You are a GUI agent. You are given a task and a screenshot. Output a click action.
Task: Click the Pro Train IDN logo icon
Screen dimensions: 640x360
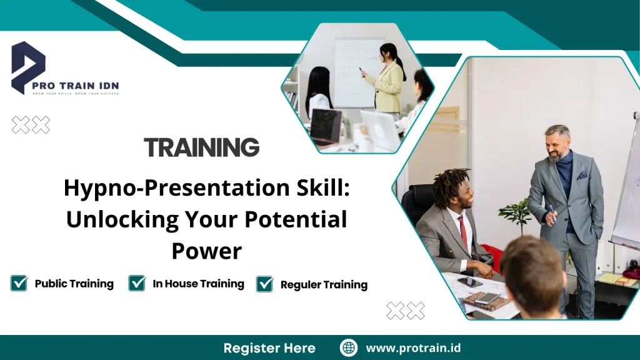pyautogui.click(x=27, y=67)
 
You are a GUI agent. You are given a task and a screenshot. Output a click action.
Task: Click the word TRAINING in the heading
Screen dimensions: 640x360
pyautogui.click(x=202, y=147)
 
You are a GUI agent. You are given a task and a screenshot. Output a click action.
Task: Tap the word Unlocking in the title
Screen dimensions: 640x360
pyautogui.click(x=122, y=219)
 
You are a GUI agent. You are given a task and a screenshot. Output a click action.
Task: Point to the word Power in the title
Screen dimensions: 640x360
pyautogui.click(x=206, y=251)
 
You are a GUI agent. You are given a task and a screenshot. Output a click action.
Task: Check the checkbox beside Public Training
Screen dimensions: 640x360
pyautogui.click(x=19, y=283)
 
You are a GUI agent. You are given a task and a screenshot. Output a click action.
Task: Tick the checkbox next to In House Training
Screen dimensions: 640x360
pyautogui.click(x=137, y=283)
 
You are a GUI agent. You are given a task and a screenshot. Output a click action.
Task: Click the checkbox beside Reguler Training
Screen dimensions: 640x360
pyautogui.click(x=265, y=284)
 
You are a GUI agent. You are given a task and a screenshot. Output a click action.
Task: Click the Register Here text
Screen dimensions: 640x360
pyautogui.click(x=269, y=348)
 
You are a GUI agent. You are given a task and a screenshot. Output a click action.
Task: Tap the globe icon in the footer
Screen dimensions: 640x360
pyautogui.click(x=349, y=348)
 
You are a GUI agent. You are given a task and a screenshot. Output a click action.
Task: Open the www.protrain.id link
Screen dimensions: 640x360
pyautogui.click(x=413, y=348)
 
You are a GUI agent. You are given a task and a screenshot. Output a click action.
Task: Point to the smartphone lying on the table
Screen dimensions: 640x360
pyautogui.click(x=469, y=282)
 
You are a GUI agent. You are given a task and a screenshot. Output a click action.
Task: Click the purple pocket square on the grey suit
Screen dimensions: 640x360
pyautogui.click(x=582, y=176)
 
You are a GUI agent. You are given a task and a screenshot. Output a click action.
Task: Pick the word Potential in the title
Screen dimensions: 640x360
pyautogui.click(x=296, y=219)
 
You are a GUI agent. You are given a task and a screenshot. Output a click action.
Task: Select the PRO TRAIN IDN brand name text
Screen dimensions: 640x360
pyautogui.click(x=76, y=86)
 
